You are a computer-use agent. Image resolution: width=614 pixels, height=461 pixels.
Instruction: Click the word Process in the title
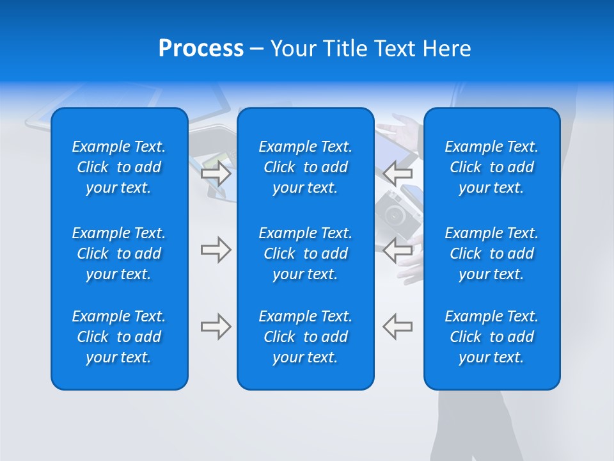click(201, 49)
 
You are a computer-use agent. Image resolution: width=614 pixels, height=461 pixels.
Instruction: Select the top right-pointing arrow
click(216, 174)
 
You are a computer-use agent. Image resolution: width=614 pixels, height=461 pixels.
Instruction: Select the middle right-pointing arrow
click(216, 250)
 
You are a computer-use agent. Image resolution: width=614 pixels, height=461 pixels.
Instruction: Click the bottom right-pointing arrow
click(216, 327)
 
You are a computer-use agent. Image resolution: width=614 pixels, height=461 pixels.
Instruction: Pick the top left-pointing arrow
click(398, 173)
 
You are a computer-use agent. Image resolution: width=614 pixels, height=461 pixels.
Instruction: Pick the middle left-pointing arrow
click(398, 250)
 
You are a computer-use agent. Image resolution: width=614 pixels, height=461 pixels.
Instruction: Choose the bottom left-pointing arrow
click(398, 326)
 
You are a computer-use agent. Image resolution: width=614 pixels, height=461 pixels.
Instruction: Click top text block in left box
click(119, 167)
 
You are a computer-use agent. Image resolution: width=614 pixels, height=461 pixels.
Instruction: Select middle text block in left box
click(119, 254)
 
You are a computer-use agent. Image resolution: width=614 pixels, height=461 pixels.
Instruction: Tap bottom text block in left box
click(119, 337)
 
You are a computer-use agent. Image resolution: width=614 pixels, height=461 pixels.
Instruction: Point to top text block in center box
click(306, 167)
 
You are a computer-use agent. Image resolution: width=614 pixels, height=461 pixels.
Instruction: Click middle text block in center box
click(306, 254)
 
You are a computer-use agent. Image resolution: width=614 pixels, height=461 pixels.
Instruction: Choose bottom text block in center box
click(306, 337)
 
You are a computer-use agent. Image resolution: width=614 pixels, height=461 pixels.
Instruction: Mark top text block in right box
click(492, 167)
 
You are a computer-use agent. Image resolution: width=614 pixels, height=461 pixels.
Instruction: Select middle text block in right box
click(492, 254)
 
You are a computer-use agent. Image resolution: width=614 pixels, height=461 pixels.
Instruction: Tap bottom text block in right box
click(492, 337)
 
